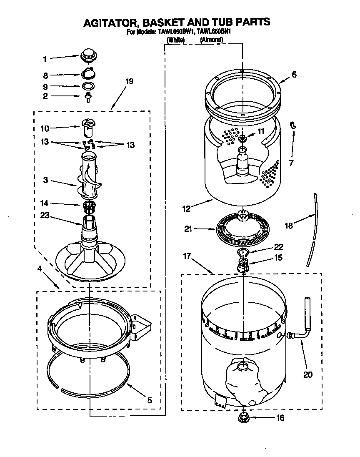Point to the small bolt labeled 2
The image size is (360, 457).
tap(88, 97)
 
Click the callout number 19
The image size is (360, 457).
tap(129, 81)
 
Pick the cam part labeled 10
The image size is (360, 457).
tap(88, 127)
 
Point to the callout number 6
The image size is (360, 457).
tap(294, 75)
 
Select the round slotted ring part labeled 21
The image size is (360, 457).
tap(242, 230)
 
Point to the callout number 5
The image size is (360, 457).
tap(150, 400)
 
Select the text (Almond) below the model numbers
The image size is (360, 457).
tap(211, 40)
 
